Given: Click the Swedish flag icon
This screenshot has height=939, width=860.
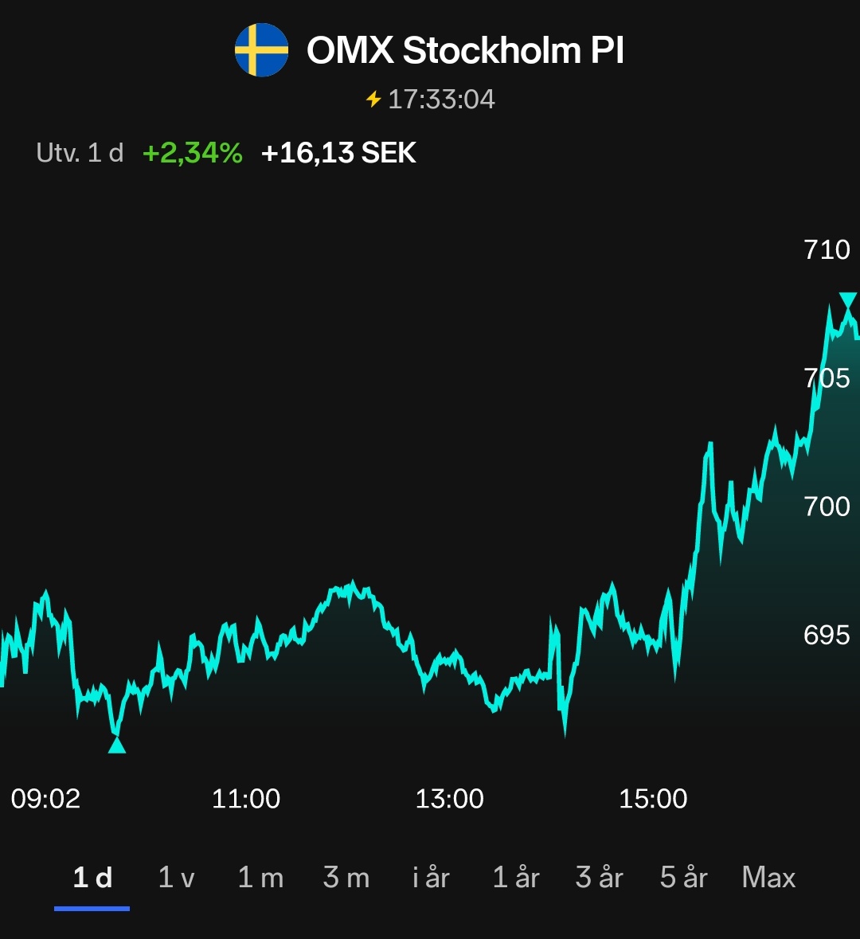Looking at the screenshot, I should pyautogui.click(x=261, y=50).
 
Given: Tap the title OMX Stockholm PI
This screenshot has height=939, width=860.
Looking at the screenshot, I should pyautogui.click(x=465, y=51).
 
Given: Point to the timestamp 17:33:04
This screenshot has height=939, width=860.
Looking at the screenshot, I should pyautogui.click(x=441, y=100).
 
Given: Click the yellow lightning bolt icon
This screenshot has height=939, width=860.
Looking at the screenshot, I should pyautogui.click(x=373, y=100).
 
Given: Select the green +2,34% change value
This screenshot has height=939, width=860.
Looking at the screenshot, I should pyautogui.click(x=192, y=152).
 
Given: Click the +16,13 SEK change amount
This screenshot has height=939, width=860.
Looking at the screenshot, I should pyautogui.click(x=338, y=152).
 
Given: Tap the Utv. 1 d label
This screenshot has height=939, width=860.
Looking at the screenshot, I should pyautogui.click(x=80, y=152).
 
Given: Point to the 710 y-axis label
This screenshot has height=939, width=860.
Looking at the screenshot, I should pyautogui.click(x=827, y=250).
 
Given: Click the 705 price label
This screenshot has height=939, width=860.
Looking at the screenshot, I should pyautogui.click(x=827, y=378).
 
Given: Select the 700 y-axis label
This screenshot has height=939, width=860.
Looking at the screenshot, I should pyautogui.click(x=827, y=506).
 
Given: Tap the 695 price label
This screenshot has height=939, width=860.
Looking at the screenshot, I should pyautogui.click(x=827, y=635).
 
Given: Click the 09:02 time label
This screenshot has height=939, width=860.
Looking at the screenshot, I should pyautogui.click(x=45, y=799).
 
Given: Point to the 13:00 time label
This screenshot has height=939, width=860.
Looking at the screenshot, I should pyautogui.click(x=449, y=799).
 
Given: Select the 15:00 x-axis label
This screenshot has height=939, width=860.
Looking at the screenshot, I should pyautogui.click(x=653, y=799).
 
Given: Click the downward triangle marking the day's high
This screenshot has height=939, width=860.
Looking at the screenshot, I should pyautogui.click(x=848, y=301).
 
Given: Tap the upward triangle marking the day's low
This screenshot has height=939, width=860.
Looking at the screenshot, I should pyautogui.click(x=117, y=745).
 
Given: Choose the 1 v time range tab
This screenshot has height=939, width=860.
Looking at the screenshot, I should pyautogui.click(x=176, y=878).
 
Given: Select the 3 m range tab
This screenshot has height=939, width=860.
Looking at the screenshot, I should pyautogui.click(x=346, y=878).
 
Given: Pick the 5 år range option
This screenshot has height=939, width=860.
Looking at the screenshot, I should pyautogui.click(x=683, y=878).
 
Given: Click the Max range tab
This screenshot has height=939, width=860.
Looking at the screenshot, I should pyautogui.click(x=768, y=878).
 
